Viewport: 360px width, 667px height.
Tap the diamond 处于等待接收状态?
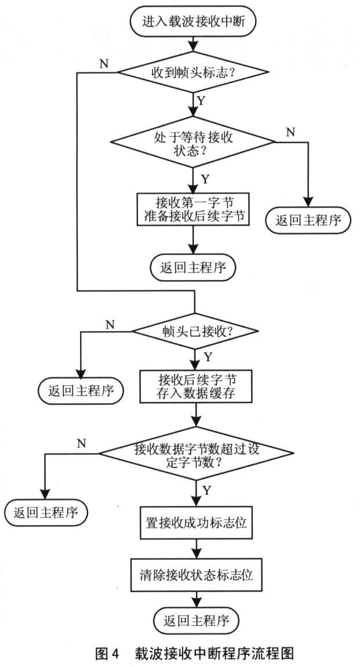pyautogui.click(x=194, y=142)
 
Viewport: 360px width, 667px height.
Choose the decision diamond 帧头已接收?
pyautogui.click(x=194, y=331)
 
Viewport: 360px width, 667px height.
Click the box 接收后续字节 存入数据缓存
pyautogui.click(x=197, y=387)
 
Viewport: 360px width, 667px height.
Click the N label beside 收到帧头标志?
pyautogui.click(x=103, y=63)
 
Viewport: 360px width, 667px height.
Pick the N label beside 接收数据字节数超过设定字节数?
pyautogui.click(x=81, y=443)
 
